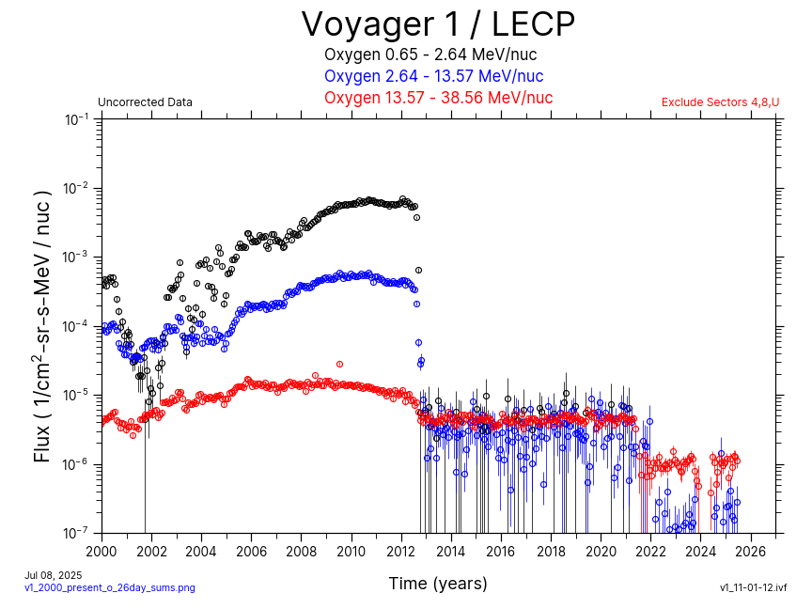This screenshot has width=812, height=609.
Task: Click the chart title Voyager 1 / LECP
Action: pyautogui.click(x=437, y=23)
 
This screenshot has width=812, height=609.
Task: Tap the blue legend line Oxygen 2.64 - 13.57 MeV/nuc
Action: pyautogui.click(x=433, y=76)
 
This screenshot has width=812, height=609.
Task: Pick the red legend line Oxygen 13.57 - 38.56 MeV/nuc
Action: pyautogui.click(x=438, y=98)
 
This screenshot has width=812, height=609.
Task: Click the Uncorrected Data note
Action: pyautogui.click(x=145, y=102)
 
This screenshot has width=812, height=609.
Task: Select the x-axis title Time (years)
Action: pyautogui.click(x=438, y=584)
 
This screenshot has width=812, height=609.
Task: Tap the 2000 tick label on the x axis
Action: pyautogui.click(x=101, y=551)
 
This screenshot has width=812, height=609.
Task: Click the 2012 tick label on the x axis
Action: pyautogui.click(x=401, y=551)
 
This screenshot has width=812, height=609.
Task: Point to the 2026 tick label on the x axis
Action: pyautogui.click(x=751, y=551)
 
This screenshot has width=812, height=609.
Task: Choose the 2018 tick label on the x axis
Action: pyautogui.click(x=551, y=551)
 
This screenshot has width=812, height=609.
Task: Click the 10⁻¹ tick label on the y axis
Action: pyautogui.click(x=77, y=119)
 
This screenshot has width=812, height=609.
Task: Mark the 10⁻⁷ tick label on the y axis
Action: pyautogui.click(x=77, y=533)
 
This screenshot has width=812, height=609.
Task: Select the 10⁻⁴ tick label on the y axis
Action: pyautogui.click(x=77, y=326)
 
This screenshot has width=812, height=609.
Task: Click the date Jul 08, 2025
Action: pyautogui.click(x=54, y=574)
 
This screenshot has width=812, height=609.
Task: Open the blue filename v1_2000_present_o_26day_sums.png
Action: pyautogui.click(x=110, y=587)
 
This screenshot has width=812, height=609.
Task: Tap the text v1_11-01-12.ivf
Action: pyautogui.click(x=753, y=587)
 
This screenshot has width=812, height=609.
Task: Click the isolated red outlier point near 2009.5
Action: pyautogui.click(x=339, y=364)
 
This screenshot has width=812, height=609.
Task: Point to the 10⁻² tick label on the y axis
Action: pyautogui.click(x=77, y=188)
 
